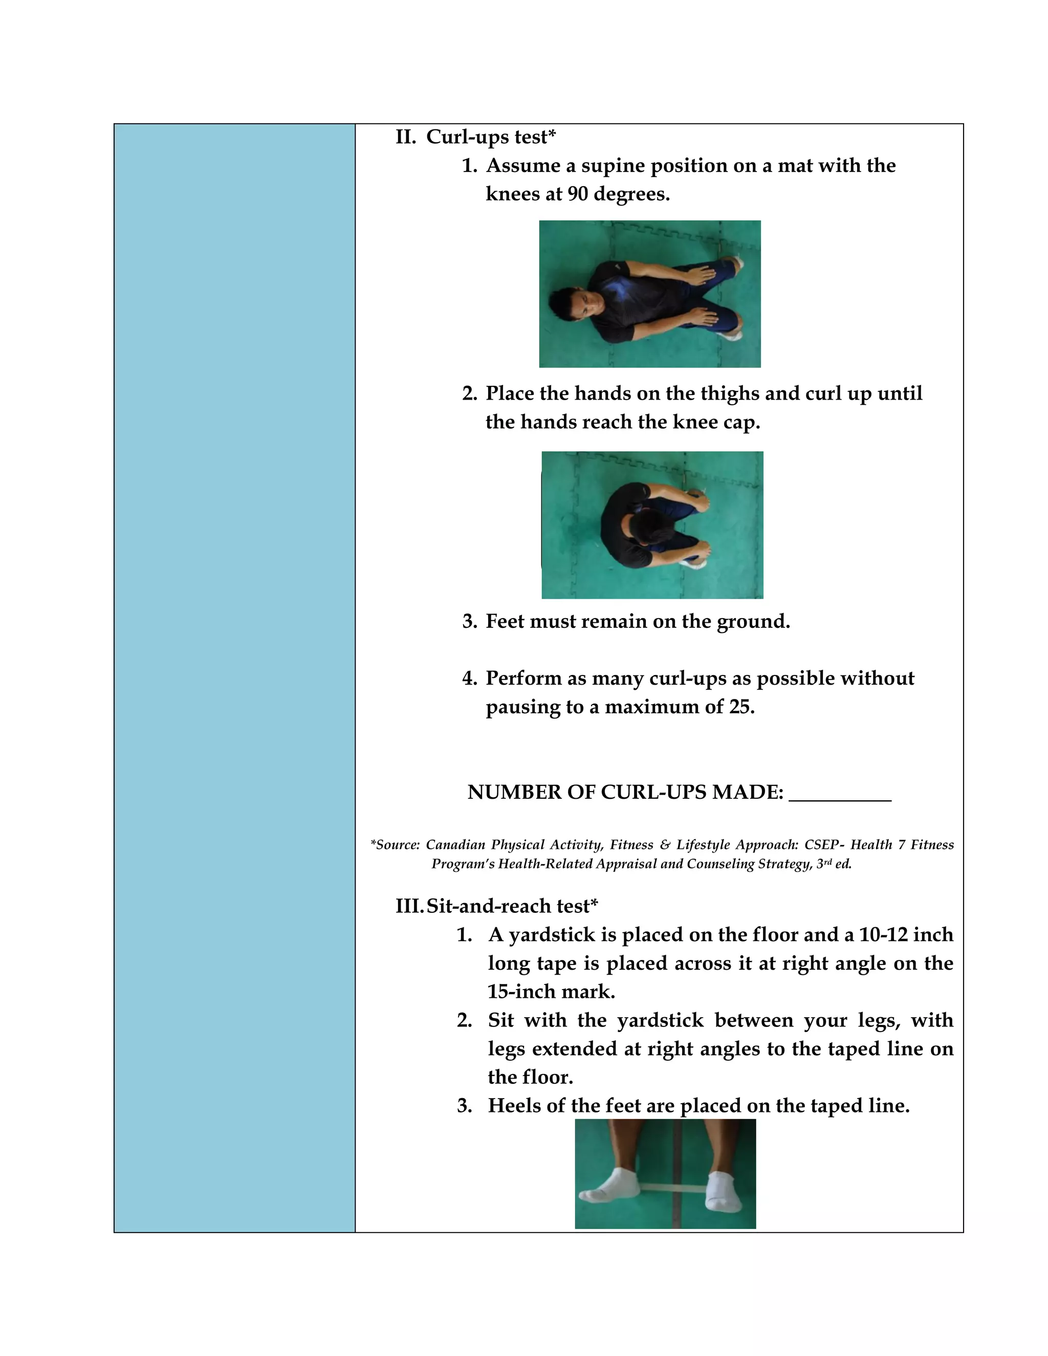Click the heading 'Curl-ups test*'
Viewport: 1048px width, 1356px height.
click(490, 137)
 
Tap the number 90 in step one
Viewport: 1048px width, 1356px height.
click(577, 194)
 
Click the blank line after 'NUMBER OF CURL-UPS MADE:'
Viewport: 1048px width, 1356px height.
click(839, 794)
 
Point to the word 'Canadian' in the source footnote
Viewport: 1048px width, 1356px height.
click(455, 844)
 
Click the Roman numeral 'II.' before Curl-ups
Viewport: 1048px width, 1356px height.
click(406, 137)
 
